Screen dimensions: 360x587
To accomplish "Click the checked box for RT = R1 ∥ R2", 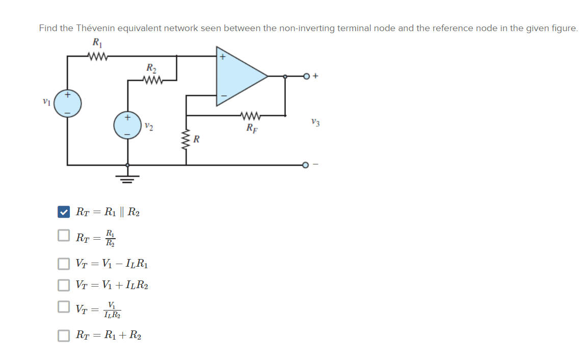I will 63,212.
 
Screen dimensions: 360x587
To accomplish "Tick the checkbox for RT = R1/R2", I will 63,236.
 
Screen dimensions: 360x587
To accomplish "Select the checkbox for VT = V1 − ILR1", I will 63,264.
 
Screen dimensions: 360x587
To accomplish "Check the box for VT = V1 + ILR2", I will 63,285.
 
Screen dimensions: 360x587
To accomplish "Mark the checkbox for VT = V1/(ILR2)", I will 63,307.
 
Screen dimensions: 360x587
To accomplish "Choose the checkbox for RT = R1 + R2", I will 63,335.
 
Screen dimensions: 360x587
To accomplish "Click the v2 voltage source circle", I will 127,126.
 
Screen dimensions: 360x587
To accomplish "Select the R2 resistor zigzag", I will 152,80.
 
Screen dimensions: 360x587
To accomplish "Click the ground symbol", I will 127,178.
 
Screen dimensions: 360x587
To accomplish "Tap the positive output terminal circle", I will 306,76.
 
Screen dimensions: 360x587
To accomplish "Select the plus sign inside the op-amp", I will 222,57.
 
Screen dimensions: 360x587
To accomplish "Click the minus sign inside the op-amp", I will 222,95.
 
